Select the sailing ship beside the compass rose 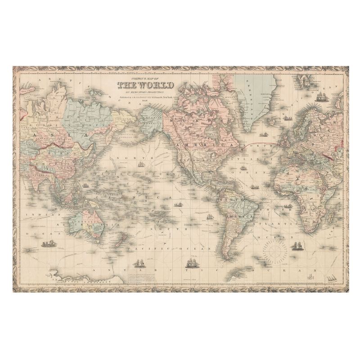(297, 246)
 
